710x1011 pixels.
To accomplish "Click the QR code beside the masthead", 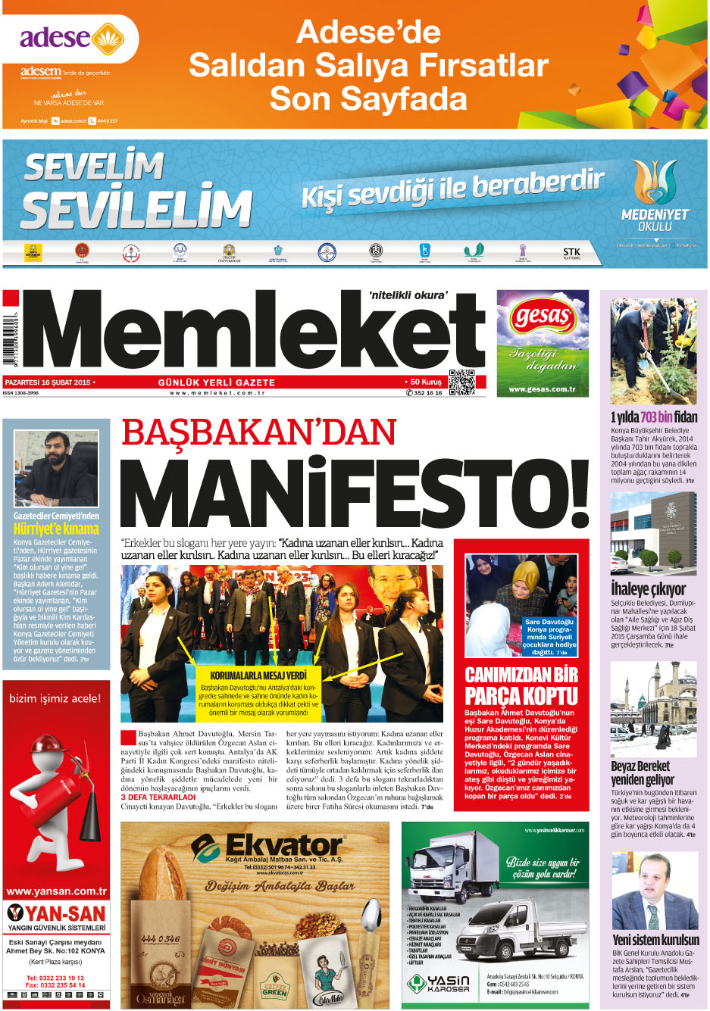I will tap(461, 382).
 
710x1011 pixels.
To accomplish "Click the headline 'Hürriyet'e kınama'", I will tap(56, 529).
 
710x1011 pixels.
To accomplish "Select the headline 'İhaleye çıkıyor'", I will tap(648, 589).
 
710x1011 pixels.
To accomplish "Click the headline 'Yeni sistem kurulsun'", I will tap(655, 940).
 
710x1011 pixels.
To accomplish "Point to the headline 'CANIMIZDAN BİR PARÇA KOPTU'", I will tap(521, 685).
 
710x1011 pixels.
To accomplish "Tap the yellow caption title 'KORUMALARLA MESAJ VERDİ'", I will tap(258, 675).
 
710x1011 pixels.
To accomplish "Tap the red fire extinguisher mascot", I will tap(55, 807).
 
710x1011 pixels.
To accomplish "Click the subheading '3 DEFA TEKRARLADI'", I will tap(161, 797).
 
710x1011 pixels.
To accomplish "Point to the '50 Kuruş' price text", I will tap(426, 382).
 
